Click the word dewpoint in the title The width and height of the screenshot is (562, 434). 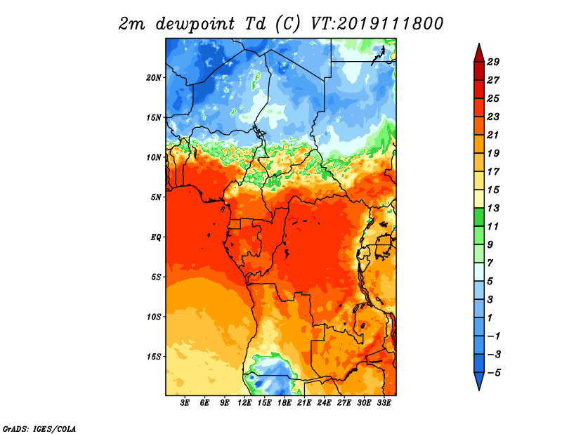(x=195, y=24)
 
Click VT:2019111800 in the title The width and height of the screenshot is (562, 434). (x=377, y=24)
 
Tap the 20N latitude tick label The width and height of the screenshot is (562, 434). (x=154, y=77)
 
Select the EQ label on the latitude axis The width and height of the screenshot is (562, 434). (x=156, y=237)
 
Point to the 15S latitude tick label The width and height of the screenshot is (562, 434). (x=154, y=357)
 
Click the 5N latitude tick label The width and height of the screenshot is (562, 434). (x=156, y=197)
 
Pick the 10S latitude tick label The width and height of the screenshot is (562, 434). (x=154, y=317)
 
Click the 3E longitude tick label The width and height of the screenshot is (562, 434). (x=185, y=403)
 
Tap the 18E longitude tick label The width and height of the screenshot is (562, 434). (x=285, y=403)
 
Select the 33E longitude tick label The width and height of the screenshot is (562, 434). (x=384, y=403)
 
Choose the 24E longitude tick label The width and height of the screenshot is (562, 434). (x=324, y=403)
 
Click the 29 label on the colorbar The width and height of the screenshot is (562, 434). (x=493, y=62)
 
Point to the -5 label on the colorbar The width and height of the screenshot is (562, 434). (x=494, y=373)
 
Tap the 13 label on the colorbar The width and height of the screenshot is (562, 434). (x=493, y=208)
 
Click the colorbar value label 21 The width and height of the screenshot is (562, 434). (x=493, y=135)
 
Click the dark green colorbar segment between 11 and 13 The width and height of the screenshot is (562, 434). (x=479, y=217)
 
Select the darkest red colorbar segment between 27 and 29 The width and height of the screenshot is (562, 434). (x=479, y=71)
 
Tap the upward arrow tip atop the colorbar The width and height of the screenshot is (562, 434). (x=479, y=44)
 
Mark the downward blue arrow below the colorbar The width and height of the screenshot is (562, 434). (x=479, y=381)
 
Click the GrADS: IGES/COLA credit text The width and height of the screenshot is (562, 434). (x=39, y=428)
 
